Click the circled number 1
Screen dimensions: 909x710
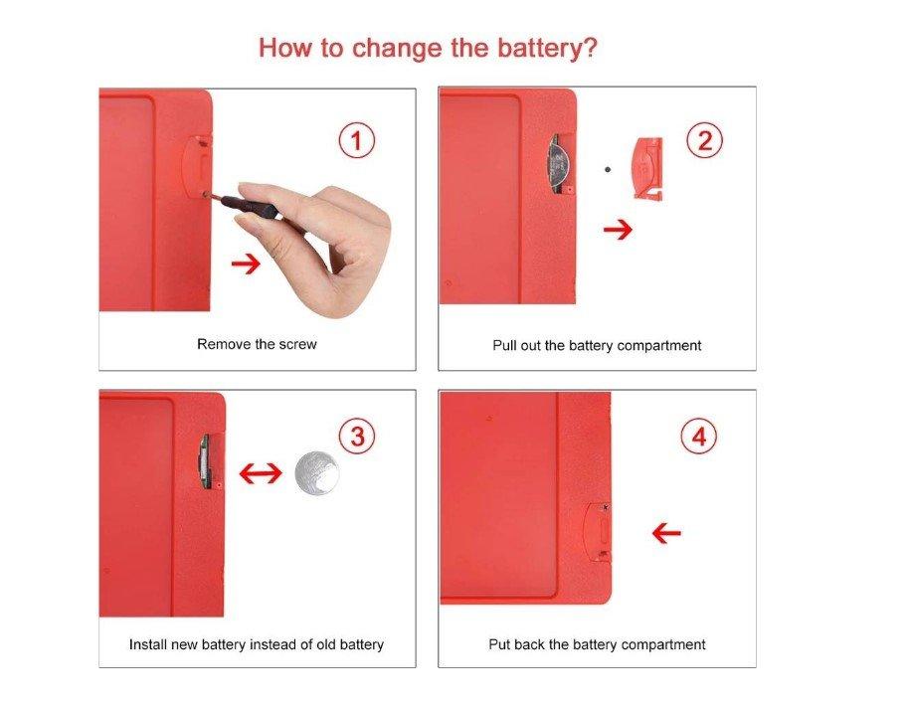[x=356, y=141]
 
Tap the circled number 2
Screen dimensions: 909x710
[x=704, y=140]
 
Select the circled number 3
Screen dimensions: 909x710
[x=357, y=436]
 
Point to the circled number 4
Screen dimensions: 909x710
[x=698, y=436]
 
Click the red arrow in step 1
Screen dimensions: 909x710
[x=247, y=265]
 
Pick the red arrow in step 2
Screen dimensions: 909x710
[x=618, y=230]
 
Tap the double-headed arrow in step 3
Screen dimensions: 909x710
[x=261, y=473]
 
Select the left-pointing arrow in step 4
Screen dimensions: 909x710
[x=666, y=533]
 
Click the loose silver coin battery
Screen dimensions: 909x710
[x=317, y=473]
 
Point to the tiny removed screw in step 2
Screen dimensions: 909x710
[x=607, y=170]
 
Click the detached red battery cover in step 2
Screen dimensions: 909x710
[x=648, y=168]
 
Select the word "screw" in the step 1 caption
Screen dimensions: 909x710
[x=297, y=344]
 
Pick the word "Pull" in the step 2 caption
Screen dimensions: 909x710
[x=502, y=345]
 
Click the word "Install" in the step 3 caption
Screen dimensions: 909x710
[x=147, y=644]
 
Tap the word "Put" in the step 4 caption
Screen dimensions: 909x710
[x=499, y=644]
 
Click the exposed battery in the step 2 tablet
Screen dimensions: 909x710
[x=557, y=164]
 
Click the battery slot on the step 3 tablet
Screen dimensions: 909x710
[x=205, y=461]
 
